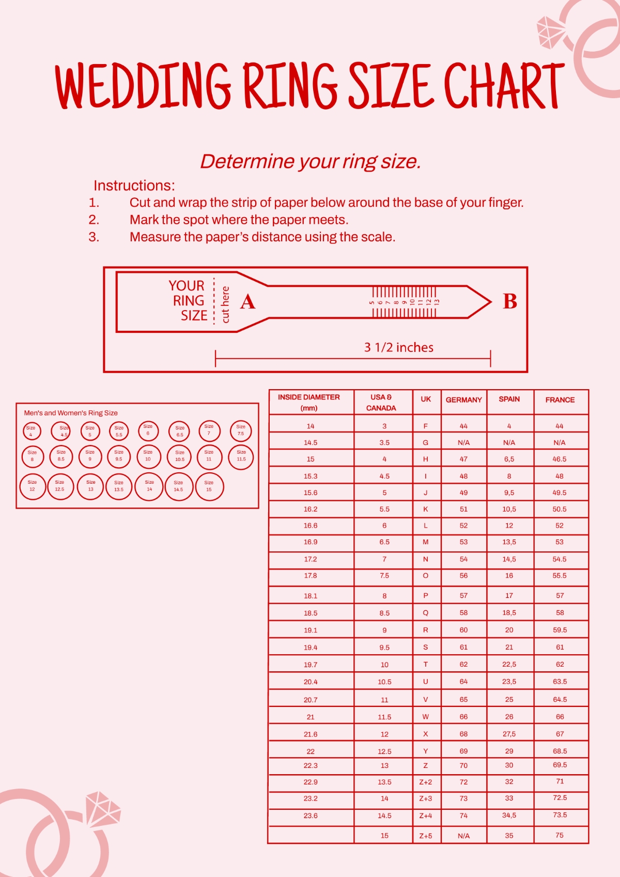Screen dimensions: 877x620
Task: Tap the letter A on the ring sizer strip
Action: click(247, 302)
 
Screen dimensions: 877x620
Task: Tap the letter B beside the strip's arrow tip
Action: click(509, 301)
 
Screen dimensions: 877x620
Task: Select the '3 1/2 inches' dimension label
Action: click(398, 347)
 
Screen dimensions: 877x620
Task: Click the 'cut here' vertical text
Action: click(225, 304)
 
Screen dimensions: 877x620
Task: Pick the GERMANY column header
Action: click(463, 400)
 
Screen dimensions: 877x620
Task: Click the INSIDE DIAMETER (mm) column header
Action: click(309, 403)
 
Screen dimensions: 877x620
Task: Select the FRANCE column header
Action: click(560, 400)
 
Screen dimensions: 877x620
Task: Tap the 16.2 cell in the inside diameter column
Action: click(311, 509)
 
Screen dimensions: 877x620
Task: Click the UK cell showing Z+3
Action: click(426, 798)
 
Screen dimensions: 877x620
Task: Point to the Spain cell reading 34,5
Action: click(509, 815)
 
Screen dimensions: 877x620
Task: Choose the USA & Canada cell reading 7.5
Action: click(384, 575)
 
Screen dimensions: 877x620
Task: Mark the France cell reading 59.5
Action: click(560, 630)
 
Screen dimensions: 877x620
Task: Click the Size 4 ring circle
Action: click(31, 431)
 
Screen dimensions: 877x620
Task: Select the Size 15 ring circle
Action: click(209, 486)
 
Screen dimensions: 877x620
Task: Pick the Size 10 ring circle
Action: click(148, 456)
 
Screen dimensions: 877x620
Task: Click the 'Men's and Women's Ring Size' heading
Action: click(71, 413)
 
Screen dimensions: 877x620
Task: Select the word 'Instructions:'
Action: click(134, 186)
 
